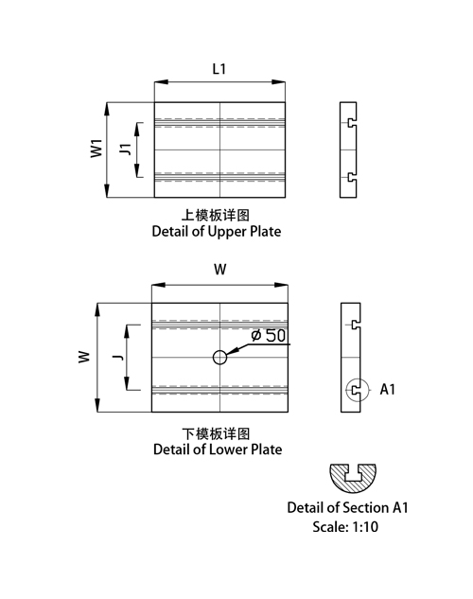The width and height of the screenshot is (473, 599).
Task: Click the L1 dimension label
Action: coord(219,69)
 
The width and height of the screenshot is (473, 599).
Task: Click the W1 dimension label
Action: coord(96,149)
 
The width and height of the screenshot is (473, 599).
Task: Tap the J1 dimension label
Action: coord(126,150)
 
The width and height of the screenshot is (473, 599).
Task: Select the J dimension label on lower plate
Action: coord(118,357)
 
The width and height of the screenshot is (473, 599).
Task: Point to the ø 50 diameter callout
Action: coord(269,335)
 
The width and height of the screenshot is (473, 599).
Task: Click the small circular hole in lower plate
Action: coord(219,358)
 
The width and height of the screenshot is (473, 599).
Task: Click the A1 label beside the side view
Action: coord(387,389)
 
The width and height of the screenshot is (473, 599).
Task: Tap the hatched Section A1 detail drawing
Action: coord(353,478)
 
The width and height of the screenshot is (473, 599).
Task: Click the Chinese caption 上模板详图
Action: coord(216,215)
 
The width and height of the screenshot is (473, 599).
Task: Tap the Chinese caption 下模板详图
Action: coord(216,433)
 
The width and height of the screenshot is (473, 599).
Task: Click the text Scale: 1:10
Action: coord(345,527)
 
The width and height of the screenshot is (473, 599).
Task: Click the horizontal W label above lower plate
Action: coord(219,270)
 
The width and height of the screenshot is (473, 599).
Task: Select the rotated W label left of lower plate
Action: coord(84,357)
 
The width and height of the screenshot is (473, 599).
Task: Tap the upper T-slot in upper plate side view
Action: coord(353,123)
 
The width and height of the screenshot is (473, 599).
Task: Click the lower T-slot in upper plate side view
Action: coord(353,177)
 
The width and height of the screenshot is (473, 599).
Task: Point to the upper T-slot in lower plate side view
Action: coord(357,325)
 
